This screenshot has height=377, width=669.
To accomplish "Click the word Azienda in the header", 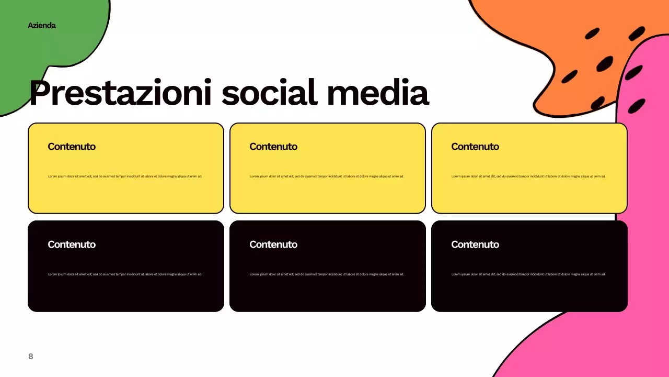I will (42, 25).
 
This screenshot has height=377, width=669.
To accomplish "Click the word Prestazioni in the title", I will (121, 93).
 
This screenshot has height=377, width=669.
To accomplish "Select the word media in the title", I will (377, 93).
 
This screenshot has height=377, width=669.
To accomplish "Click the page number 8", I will (30, 356).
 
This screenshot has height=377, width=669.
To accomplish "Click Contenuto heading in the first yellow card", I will (72, 147).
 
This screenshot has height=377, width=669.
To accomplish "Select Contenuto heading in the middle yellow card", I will (273, 147).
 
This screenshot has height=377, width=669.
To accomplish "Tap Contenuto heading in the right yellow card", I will (475, 147).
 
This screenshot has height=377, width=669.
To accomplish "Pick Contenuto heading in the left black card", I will (72, 245).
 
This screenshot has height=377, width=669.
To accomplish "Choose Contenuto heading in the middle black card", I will (273, 245).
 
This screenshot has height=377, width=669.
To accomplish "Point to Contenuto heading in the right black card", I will (475, 245).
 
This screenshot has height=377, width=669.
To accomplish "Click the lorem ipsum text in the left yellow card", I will (125, 176).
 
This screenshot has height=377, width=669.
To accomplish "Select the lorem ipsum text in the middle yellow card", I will (327, 176).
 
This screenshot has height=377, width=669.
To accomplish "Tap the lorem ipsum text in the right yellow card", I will (528, 176).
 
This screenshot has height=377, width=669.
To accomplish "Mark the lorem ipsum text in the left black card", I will (125, 274).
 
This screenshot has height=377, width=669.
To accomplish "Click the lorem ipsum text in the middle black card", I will (327, 274).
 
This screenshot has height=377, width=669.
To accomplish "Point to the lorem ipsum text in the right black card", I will (528, 274).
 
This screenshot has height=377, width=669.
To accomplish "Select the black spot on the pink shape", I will (636, 106).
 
